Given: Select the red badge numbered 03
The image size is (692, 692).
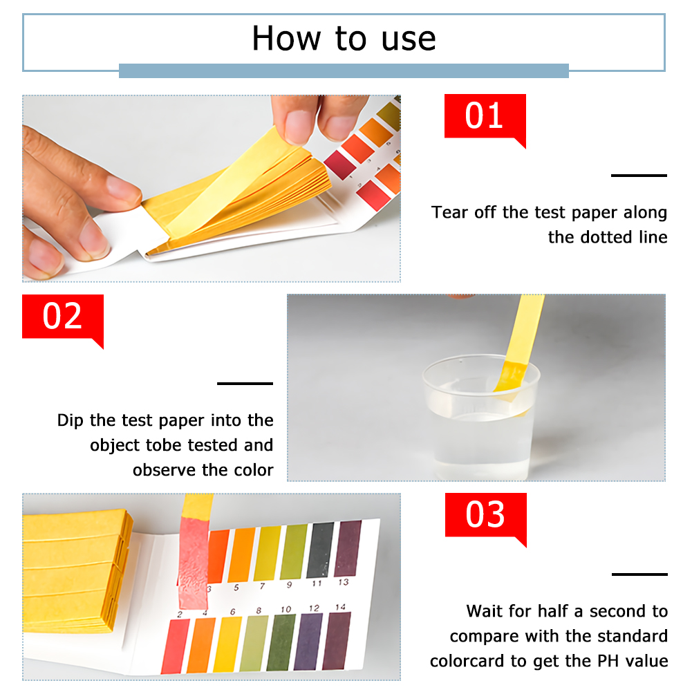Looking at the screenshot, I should (x=485, y=515).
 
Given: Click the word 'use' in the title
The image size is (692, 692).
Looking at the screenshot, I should (x=409, y=39).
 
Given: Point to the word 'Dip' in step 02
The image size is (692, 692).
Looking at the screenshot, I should (x=71, y=420).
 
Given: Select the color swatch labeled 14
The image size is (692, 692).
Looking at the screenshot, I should (x=337, y=640).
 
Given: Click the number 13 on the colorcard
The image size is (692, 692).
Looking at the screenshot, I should (x=344, y=582).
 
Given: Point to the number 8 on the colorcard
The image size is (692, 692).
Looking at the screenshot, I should (x=259, y=611).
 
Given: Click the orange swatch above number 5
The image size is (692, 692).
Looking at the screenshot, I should (x=242, y=554).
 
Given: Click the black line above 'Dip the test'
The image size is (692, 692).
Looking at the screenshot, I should (x=245, y=384).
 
